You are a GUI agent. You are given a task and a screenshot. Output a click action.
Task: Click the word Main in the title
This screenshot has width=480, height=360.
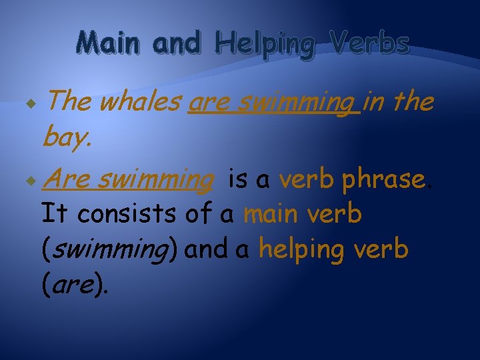pyautogui.click(x=109, y=43)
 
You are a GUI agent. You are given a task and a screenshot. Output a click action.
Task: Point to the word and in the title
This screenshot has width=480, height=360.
pyautogui.click(x=176, y=43)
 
